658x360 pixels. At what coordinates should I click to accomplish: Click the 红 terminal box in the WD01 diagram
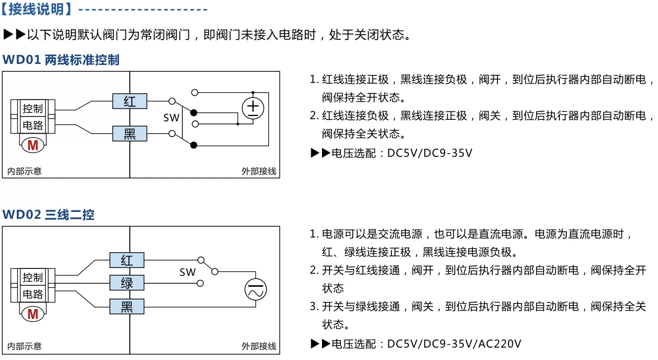129,102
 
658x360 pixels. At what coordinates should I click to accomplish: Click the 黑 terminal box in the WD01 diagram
129,134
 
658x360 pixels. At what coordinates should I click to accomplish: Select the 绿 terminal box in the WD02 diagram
127,283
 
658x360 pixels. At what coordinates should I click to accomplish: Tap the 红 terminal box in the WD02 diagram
127,260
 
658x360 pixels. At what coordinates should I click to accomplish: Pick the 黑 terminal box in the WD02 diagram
127,307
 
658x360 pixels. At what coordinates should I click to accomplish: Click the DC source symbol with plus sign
253,108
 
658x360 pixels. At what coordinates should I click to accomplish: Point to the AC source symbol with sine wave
256,290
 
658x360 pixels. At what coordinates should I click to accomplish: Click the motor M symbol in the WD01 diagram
33,145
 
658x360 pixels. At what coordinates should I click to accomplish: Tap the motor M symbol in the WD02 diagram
33,314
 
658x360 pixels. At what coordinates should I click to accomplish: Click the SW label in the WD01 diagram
171,118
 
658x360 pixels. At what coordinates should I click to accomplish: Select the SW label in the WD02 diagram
187,272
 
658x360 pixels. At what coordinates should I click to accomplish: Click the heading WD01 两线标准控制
61,60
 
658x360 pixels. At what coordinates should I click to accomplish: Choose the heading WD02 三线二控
49,214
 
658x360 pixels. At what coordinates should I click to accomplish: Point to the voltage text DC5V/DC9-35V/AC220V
454,344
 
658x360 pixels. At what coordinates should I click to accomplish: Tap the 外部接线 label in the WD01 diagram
259,171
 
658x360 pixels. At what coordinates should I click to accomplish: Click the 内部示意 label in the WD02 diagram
24,346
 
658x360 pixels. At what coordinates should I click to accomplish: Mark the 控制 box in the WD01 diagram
33,108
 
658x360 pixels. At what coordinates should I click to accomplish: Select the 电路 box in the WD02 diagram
33,294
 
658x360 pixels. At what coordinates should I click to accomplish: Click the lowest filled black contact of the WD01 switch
194,145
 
